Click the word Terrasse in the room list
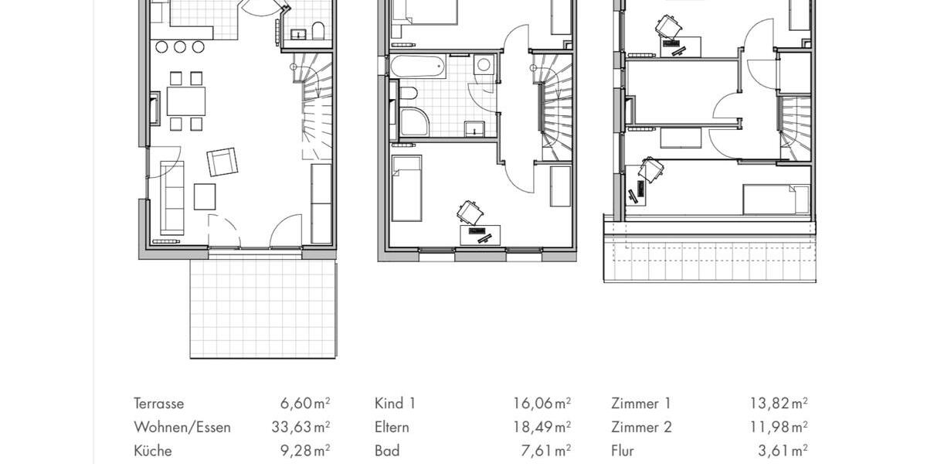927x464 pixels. click(159, 404)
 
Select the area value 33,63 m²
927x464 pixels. click(305, 427)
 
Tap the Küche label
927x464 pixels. click(153, 450)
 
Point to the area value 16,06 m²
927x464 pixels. click(542, 404)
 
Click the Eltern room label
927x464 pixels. click(392, 427)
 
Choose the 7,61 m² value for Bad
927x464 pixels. click(548, 450)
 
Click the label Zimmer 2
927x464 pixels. click(640, 427)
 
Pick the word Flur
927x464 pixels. click(623, 450)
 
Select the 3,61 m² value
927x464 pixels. click(783, 450)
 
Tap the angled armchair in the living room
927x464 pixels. click(222, 162)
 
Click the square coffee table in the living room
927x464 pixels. click(205, 196)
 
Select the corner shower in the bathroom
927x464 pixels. click(414, 123)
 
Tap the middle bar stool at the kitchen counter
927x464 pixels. click(180, 47)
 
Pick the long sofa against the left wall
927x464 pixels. click(171, 197)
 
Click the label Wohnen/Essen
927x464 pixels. click(182, 427)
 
